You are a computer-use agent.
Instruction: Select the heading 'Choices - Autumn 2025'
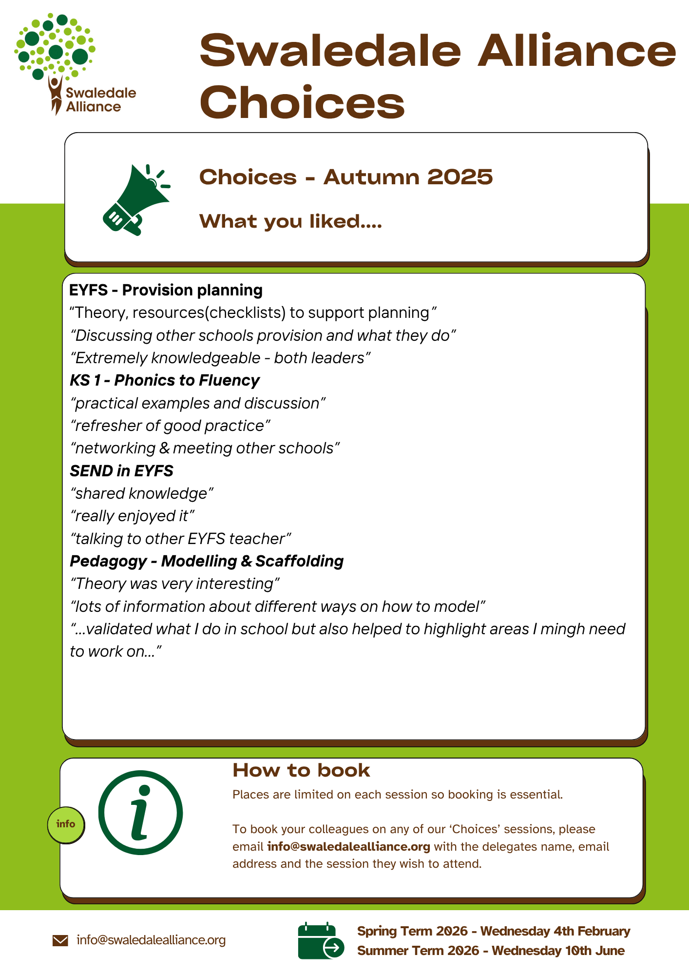tap(346, 177)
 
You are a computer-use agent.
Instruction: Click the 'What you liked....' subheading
tap(290, 222)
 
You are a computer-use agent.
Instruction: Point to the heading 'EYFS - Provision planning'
tap(166, 290)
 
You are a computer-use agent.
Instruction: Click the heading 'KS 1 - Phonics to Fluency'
tap(165, 380)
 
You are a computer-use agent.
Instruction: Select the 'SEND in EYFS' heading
tap(122, 471)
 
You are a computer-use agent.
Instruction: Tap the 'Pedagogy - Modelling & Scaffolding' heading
tap(207, 561)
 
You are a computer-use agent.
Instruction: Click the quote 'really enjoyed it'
tap(133, 516)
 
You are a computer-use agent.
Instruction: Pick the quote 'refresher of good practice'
tap(171, 426)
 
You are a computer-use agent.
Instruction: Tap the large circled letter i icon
tap(140, 813)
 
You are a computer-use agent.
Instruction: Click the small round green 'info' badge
tap(66, 824)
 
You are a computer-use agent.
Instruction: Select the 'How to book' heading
tap(301, 771)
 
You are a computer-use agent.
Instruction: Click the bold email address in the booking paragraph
tap(348, 846)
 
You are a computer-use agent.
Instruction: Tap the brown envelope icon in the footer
tap(60, 940)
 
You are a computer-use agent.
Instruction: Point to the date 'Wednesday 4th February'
tap(555, 931)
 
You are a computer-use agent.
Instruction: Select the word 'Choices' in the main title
tap(302, 102)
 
